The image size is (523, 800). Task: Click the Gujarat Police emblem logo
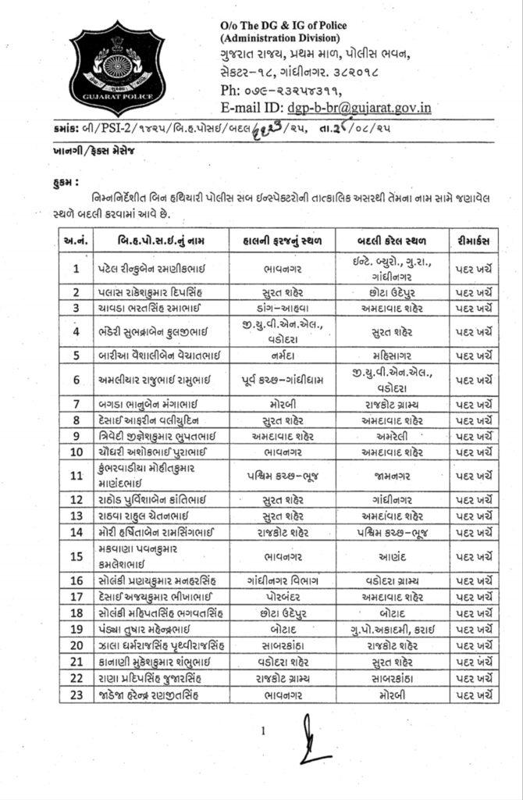[118, 70]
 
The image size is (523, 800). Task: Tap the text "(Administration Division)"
[280, 37]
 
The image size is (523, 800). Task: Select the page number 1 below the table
[264, 731]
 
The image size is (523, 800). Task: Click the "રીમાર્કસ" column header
[474, 240]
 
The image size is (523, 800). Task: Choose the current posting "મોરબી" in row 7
[283, 403]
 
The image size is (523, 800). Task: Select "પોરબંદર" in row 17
[283, 596]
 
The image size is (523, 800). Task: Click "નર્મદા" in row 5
[283, 355]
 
